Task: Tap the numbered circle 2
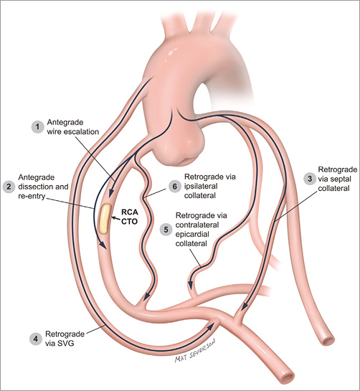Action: pos(9,187)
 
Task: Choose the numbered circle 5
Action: pos(166,229)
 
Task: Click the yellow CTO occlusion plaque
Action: pos(106,218)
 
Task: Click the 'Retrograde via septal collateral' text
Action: pos(334,182)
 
